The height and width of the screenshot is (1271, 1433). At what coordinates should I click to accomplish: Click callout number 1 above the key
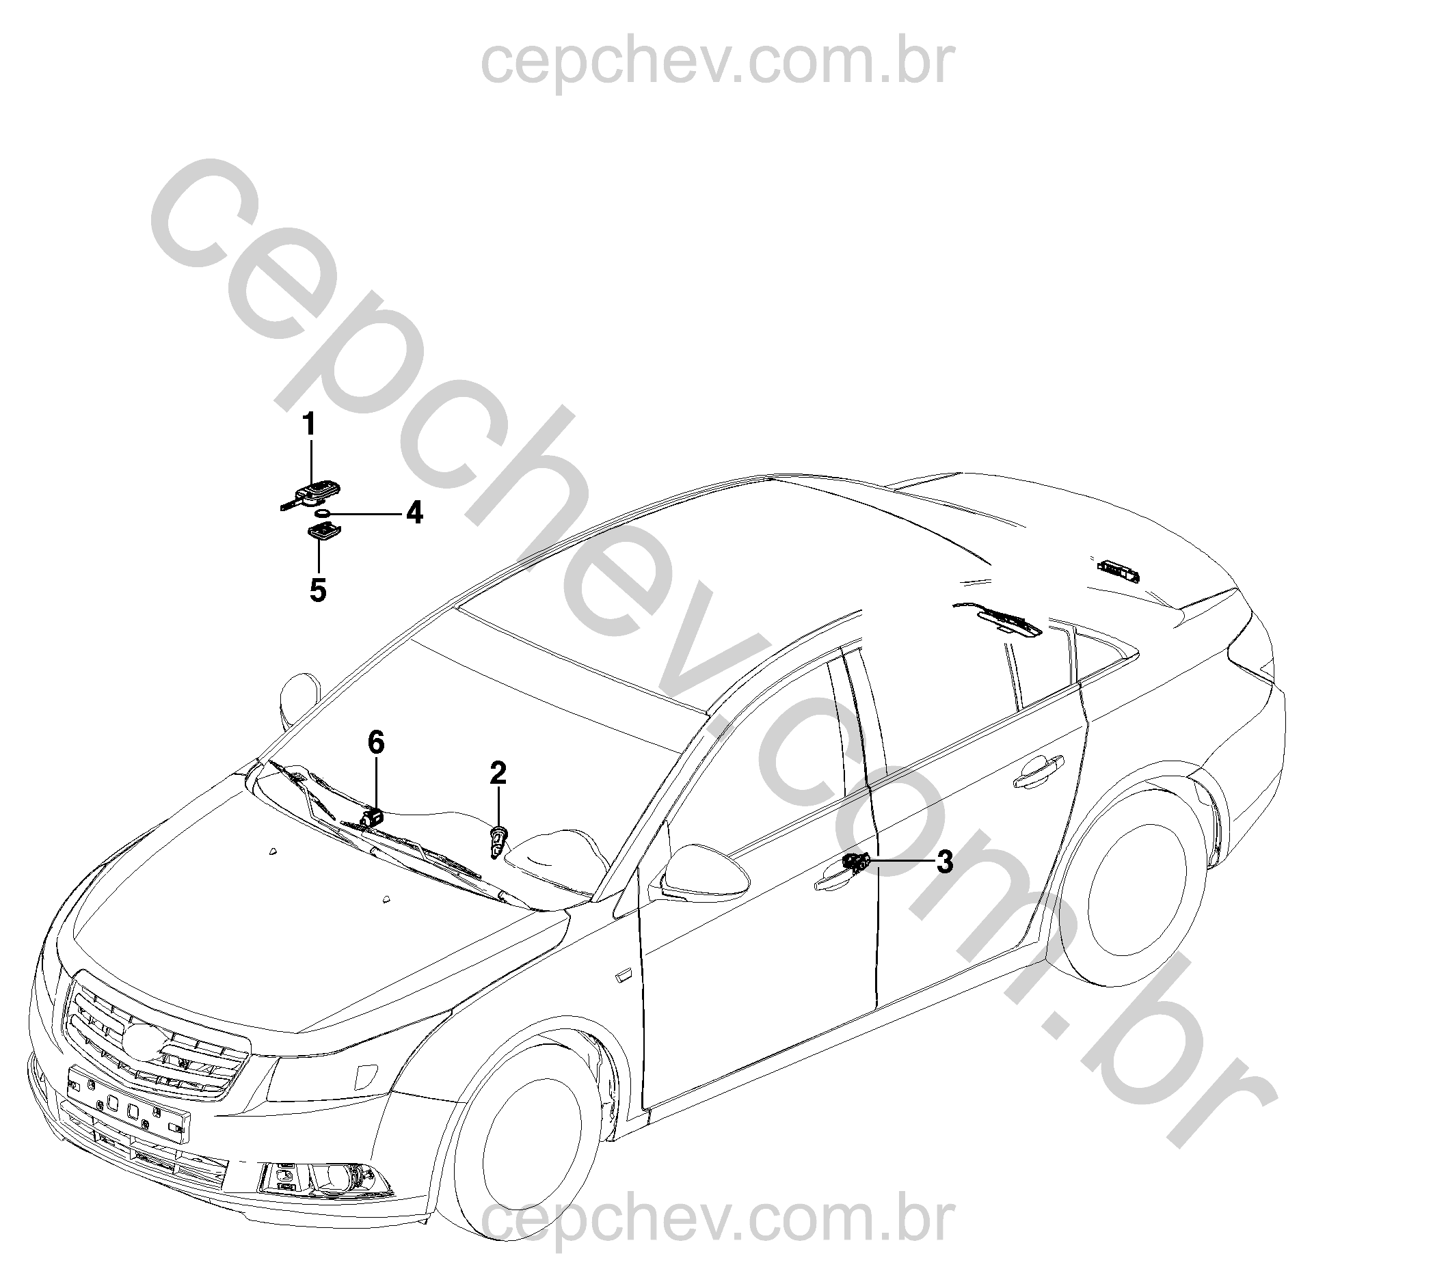click(309, 424)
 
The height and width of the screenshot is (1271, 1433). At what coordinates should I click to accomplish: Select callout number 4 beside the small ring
click(415, 513)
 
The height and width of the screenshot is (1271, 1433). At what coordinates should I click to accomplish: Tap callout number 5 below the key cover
click(318, 590)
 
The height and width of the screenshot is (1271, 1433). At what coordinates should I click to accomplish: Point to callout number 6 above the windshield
click(377, 742)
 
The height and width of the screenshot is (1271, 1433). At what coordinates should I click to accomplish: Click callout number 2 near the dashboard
click(498, 774)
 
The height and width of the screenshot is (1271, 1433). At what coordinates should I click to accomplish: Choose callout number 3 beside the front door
click(945, 862)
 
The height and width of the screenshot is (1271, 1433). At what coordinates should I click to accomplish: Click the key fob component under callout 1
click(308, 494)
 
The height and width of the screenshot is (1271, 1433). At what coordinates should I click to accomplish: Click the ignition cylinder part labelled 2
click(497, 840)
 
